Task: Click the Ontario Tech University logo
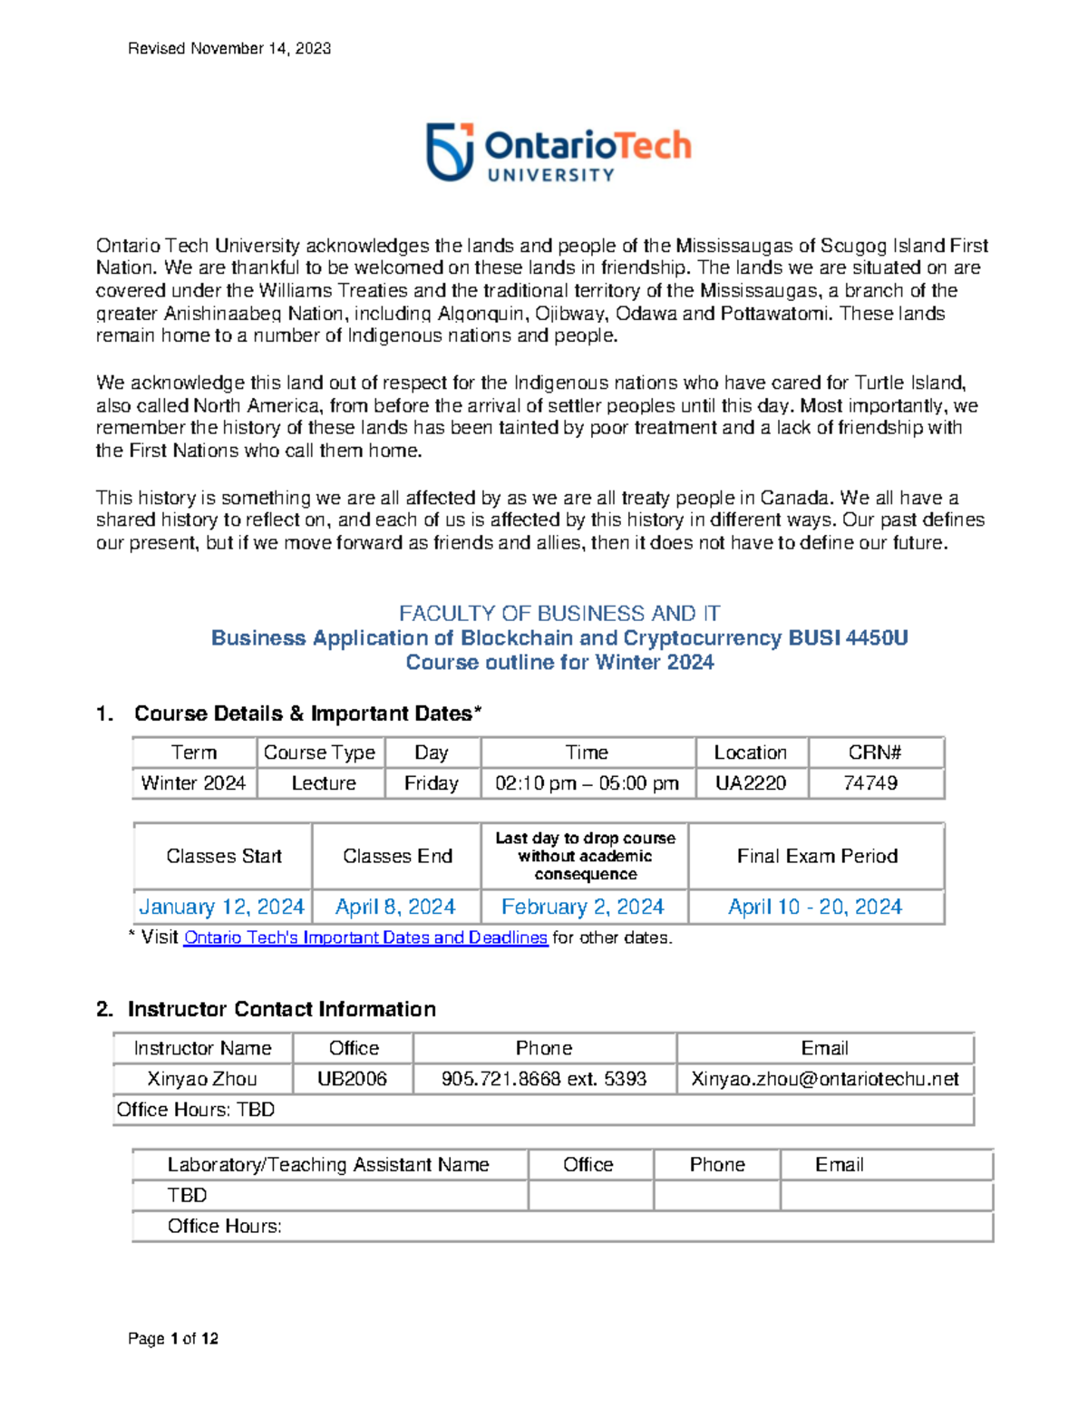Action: click(x=559, y=152)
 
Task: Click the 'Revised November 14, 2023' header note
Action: click(x=229, y=49)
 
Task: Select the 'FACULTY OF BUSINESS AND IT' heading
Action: click(x=559, y=614)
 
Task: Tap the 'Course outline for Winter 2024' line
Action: click(x=559, y=663)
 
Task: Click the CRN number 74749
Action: click(x=870, y=783)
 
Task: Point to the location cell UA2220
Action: click(x=751, y=783)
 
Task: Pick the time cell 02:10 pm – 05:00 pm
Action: click(x=587, y=783)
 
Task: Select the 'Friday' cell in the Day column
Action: click(x=432, y=783)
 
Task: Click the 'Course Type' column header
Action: click(x=319, y=753)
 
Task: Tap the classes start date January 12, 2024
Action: click(x=221, y=907)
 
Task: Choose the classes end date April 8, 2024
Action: click(x=395, y=907)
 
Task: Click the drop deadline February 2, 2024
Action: click(x=583, y=907)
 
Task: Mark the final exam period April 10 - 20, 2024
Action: click(x=815, y=907)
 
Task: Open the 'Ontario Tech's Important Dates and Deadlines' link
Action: click(x=365, y=937)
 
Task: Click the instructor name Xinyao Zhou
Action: click(x=202, y=1079)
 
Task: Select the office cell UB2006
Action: click(x=352, y=1079)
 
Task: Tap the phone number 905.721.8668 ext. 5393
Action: click(x=544, y=1079)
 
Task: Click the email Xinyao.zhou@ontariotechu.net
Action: click(x=824, y=1079)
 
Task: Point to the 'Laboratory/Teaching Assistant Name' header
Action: click(x=328, y=1165)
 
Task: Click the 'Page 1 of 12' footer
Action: click(x=173, y=1339)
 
